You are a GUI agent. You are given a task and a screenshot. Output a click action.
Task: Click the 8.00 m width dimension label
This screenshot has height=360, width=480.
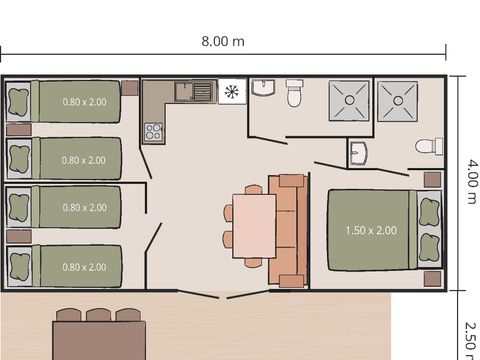[x=223, y=41]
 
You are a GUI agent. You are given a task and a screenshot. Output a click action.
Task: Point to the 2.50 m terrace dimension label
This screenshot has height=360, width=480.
[x=470, y=337]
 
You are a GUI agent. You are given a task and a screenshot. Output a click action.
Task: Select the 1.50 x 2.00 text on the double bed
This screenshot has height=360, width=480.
[x=371, y=230]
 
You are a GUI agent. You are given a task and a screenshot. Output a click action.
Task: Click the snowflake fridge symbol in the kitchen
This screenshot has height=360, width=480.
[x=232, y=92]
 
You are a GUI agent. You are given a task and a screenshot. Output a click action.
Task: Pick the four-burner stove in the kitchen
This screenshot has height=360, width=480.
[x=155, y=130]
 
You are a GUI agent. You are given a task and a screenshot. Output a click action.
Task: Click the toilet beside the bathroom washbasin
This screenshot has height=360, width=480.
[x=294, y=94]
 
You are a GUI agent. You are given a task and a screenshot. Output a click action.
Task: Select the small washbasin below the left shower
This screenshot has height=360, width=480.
[x=360, y=154]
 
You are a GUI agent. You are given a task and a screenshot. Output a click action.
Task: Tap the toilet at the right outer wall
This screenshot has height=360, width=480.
[x=428, y=146]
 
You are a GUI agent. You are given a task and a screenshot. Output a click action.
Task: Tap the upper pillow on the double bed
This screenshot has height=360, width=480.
[x=429, y=212]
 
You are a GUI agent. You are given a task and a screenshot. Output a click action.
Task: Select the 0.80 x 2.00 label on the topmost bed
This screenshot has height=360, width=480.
[x=84, y=102]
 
